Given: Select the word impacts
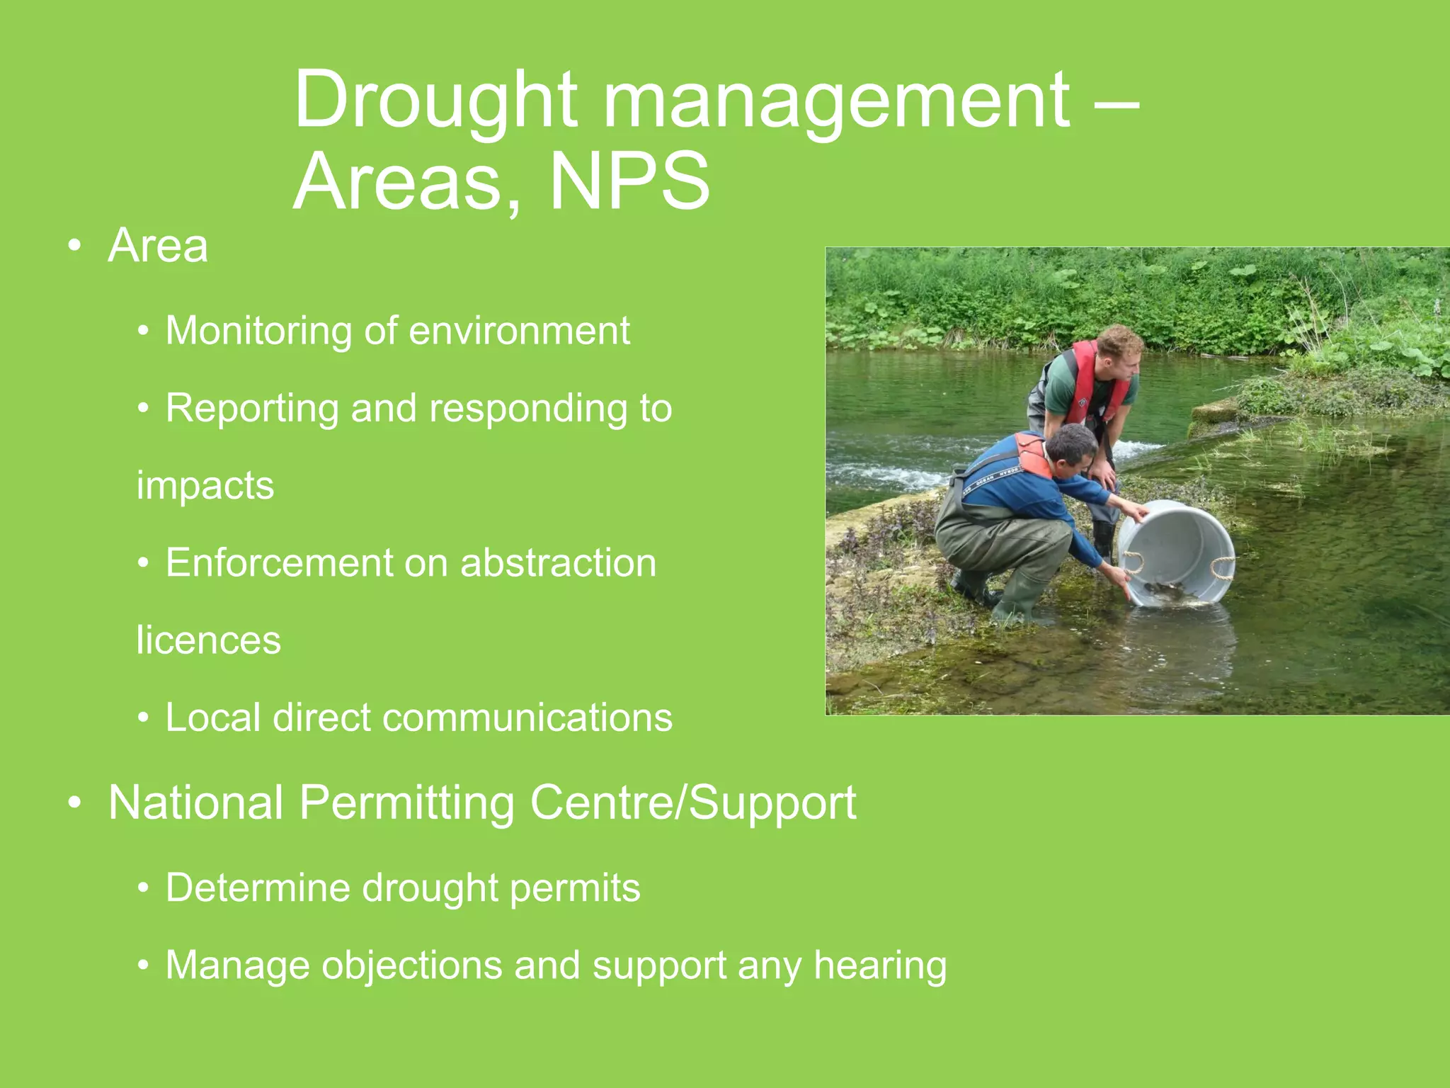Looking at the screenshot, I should coord(205,486).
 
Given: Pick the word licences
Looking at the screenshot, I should coord(208,640).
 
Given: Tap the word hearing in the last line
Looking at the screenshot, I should coord(880,965).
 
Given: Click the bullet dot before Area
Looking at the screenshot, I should coord(75,246).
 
